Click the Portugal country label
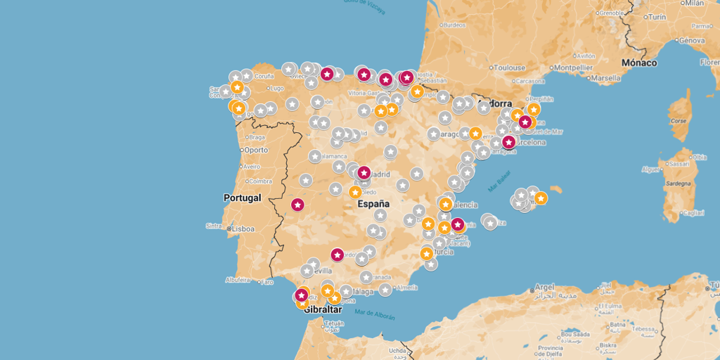point(243,198)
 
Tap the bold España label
point(373,204)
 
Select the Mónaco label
point(638,63)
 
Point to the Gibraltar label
point(323,309)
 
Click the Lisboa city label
point(243,229)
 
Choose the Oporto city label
point(256,150)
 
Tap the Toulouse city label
point(509,68)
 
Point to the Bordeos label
point(454,25)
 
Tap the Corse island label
point(678,121)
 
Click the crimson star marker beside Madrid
point(364,172)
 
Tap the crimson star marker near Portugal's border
point(297,205)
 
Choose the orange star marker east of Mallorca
point(541,198)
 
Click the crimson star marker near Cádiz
point(302,295)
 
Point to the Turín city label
point(657,16)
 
